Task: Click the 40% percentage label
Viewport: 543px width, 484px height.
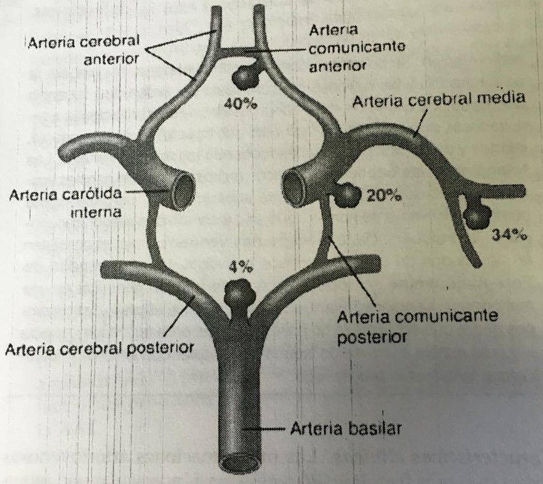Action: pos(241,104)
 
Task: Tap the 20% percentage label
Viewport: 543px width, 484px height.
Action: pos(383,196)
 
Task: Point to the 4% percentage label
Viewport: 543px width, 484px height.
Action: pos(241,268)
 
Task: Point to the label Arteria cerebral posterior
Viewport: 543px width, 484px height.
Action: pos(99,347)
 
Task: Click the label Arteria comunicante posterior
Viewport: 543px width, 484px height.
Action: pos(417,326)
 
